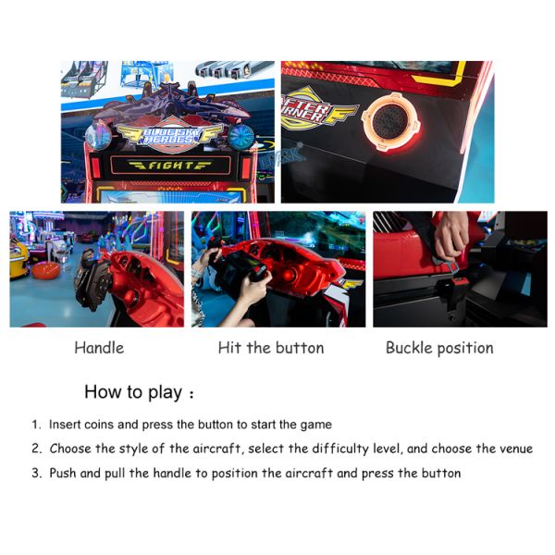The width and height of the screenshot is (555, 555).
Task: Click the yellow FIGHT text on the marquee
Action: tap(170, 165)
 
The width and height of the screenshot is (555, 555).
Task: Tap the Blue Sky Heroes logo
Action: tap(170, 136)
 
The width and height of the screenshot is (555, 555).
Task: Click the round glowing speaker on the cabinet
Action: tap(390, 121)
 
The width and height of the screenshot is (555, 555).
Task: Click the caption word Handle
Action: tap(99, 348)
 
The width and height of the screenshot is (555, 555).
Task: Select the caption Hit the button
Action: tap(271, 348)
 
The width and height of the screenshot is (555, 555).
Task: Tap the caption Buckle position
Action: tap(439, 348)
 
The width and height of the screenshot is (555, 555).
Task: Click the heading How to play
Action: tap(133, 392)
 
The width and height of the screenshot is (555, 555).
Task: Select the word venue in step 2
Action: tap(516, 449)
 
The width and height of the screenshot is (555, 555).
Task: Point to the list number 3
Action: tap(36, 473)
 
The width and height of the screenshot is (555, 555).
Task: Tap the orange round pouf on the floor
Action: tap(45, 270)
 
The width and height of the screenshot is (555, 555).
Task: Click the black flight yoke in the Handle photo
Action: tap(92, 279)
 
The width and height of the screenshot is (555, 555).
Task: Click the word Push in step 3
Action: tap(63, 473)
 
